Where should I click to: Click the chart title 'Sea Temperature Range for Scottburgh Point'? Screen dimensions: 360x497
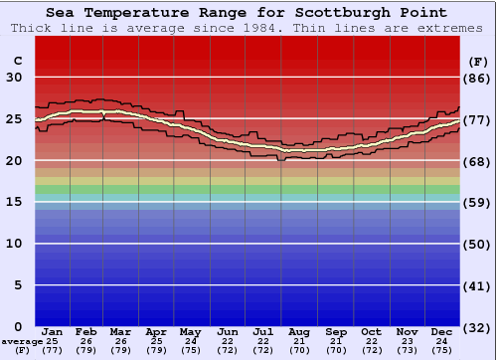tap(248, 13)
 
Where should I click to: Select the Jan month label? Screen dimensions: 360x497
tap(53, 332)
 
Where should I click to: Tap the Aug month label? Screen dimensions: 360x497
tap(299, 332)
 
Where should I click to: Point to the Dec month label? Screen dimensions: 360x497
tap(442, 332)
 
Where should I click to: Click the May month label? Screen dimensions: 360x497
tap(192, 332)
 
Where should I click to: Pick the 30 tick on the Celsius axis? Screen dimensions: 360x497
tap(14, 78)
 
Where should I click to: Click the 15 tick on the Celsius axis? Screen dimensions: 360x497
tap(14, 202)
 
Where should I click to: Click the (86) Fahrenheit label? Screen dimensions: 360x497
tap(477, 78)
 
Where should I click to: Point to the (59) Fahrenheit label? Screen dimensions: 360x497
tap(477, 202)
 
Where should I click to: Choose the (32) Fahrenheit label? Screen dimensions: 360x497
tap(477, 327)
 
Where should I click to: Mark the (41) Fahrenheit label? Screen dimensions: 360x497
tap(477, 285)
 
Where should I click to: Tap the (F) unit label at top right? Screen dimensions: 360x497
tap(477, 61)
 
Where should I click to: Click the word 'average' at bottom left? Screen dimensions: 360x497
tap(21, 341)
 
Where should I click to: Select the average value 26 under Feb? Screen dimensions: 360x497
tap(86, 341)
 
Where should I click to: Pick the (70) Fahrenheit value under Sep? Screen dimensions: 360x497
tap(335, 350)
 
